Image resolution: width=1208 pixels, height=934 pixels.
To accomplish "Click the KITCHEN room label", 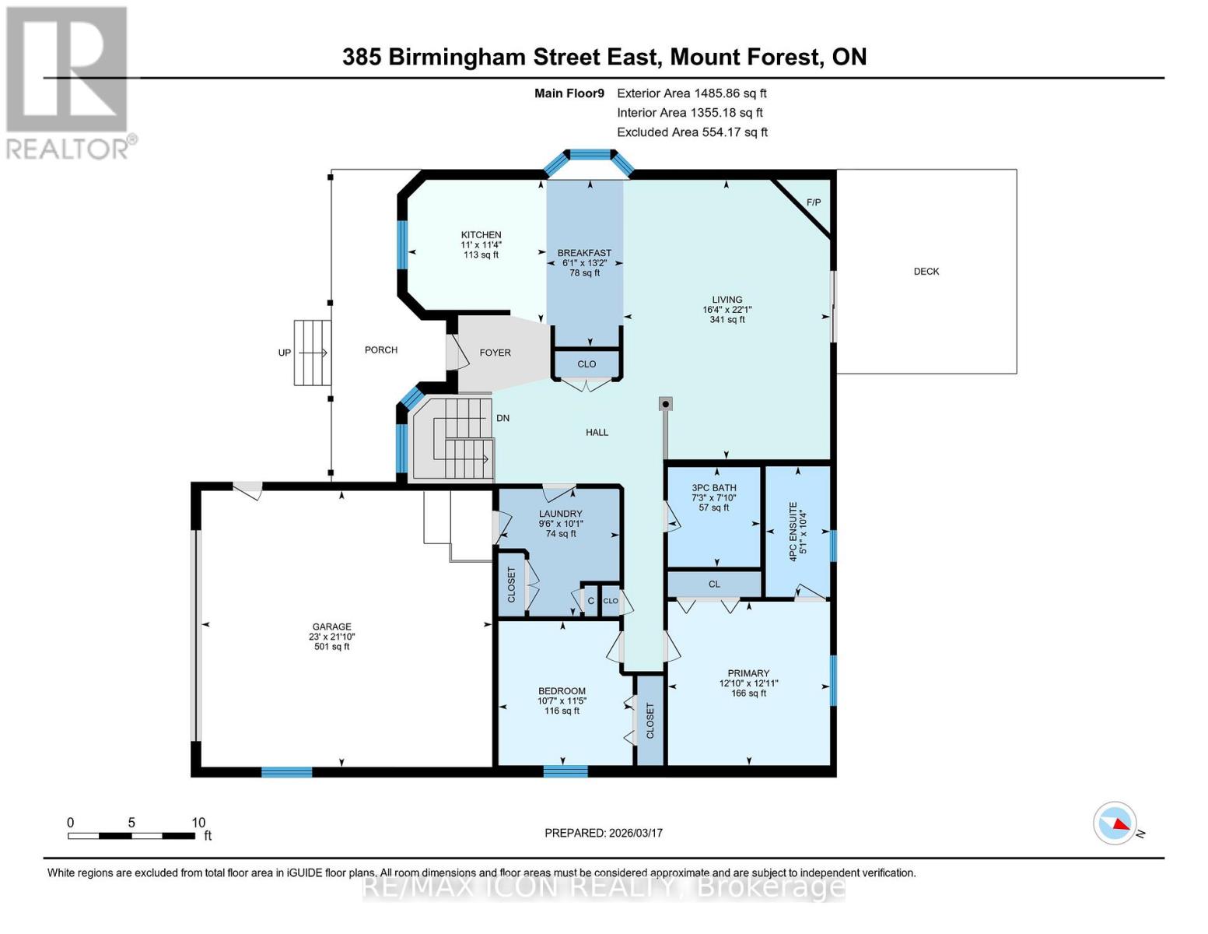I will click(481, 235).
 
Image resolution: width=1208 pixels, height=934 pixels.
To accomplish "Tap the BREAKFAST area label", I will click(584, 253).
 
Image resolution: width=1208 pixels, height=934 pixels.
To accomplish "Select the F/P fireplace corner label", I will click(813, 202).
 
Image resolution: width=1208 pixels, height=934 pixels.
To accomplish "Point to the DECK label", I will click(926, 272).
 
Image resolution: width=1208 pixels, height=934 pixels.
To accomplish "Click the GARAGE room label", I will click(331, 627).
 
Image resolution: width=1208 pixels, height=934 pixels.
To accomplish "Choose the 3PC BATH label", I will click(713, 488).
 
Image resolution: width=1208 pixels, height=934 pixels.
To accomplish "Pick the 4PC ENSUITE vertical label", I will click(793, 532).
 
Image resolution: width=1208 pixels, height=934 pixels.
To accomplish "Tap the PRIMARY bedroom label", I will click(748, 673).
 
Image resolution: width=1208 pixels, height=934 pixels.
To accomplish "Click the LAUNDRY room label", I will click(560, 514).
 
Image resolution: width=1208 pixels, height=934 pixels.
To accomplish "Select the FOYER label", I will click(495, 353).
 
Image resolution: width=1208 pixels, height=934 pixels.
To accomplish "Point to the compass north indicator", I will click(1115, 823).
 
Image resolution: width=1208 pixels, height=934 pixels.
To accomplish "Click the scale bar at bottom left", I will click(131, 836).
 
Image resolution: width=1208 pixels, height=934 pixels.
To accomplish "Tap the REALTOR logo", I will click(68, 82).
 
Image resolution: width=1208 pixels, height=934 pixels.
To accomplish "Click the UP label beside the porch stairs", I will click(285, 353).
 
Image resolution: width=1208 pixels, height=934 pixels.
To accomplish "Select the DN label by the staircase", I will click(502, 418).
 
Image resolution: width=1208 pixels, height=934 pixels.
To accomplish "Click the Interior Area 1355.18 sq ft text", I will click(690, 113).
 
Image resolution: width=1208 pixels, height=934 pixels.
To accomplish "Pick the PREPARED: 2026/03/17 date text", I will click(603, 833).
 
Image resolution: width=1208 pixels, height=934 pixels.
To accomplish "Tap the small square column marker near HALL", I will click(665, 404).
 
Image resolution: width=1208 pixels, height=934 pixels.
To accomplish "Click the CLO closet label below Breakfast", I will click(586, 364).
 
